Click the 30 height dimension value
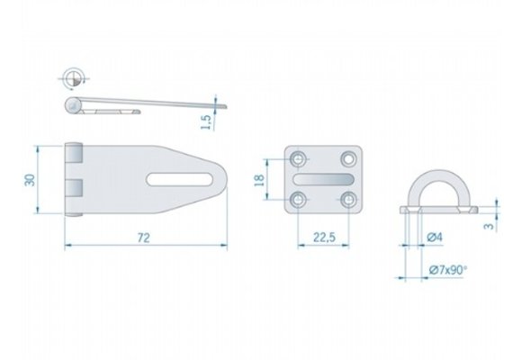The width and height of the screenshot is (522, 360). point(30,178)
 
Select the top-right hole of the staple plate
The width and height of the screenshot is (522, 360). point(347,159)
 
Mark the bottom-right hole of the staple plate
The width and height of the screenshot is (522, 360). point(347,198)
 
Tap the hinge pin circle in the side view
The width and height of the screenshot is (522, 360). point(73,107)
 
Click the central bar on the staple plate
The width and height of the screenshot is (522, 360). point(323,178)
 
